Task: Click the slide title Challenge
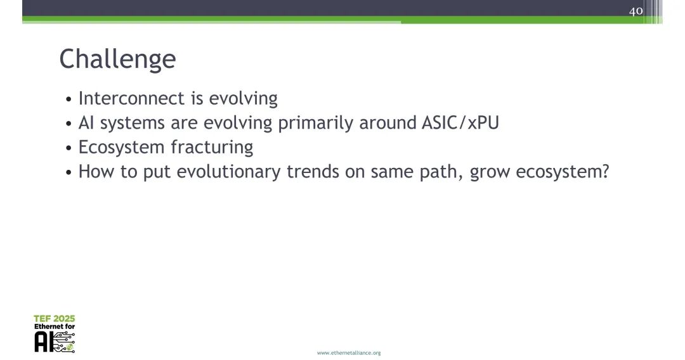(x=117, y=59)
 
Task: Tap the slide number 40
(x=636, y=11)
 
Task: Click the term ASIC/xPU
(x=460, y=122)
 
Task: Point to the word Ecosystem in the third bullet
(x=121, y=148)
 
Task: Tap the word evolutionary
(x=228, y=172)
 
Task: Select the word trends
(x=313, y=172)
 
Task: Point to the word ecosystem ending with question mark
(x=562, y=172)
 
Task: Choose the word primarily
(x=315, y=123)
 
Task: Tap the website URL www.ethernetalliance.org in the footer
(x=349, y=352)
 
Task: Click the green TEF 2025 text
(x=54, y=319)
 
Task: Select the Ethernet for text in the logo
(x=55, y=326)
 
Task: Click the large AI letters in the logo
(x=44, y=342)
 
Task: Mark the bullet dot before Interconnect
(x=68, y=100)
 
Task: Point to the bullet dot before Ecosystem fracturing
(x=68, y=148)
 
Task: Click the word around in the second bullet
(x=388, y=123)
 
